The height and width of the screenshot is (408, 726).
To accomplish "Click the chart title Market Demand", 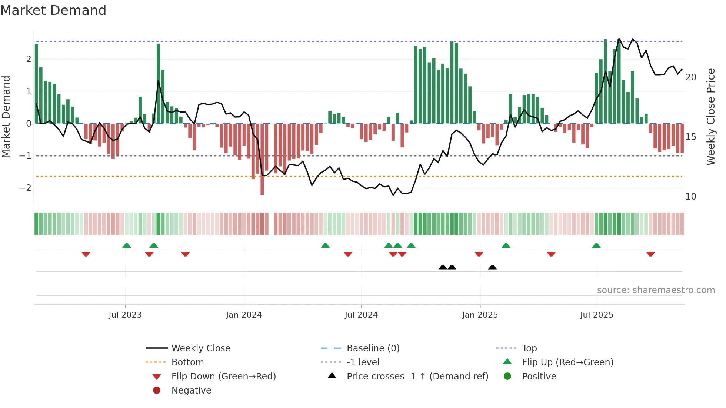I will pos(53,10).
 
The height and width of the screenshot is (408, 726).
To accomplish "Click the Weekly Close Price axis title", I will pos(710,117).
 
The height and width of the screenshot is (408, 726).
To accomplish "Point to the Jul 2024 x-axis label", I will pos(361,315).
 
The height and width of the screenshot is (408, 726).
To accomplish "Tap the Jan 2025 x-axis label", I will pos(480,315).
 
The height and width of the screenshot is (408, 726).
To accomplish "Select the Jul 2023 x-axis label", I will pos(125,315).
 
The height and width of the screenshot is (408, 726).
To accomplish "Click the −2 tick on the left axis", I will pos(25,188).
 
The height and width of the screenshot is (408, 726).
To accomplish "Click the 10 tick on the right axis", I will pos(690,197).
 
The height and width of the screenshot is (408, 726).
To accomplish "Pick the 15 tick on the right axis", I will pos(690,137).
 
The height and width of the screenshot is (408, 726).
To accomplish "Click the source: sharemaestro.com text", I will pos(656,290).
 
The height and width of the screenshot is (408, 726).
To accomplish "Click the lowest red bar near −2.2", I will pos(262,185).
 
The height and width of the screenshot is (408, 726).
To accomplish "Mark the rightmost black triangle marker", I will pos(492,267).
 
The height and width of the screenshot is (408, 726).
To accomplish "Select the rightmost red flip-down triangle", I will pos(650,254).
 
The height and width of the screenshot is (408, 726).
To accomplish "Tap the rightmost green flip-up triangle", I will pos(596,245).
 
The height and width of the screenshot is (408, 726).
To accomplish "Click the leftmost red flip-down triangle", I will pos(86,254).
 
